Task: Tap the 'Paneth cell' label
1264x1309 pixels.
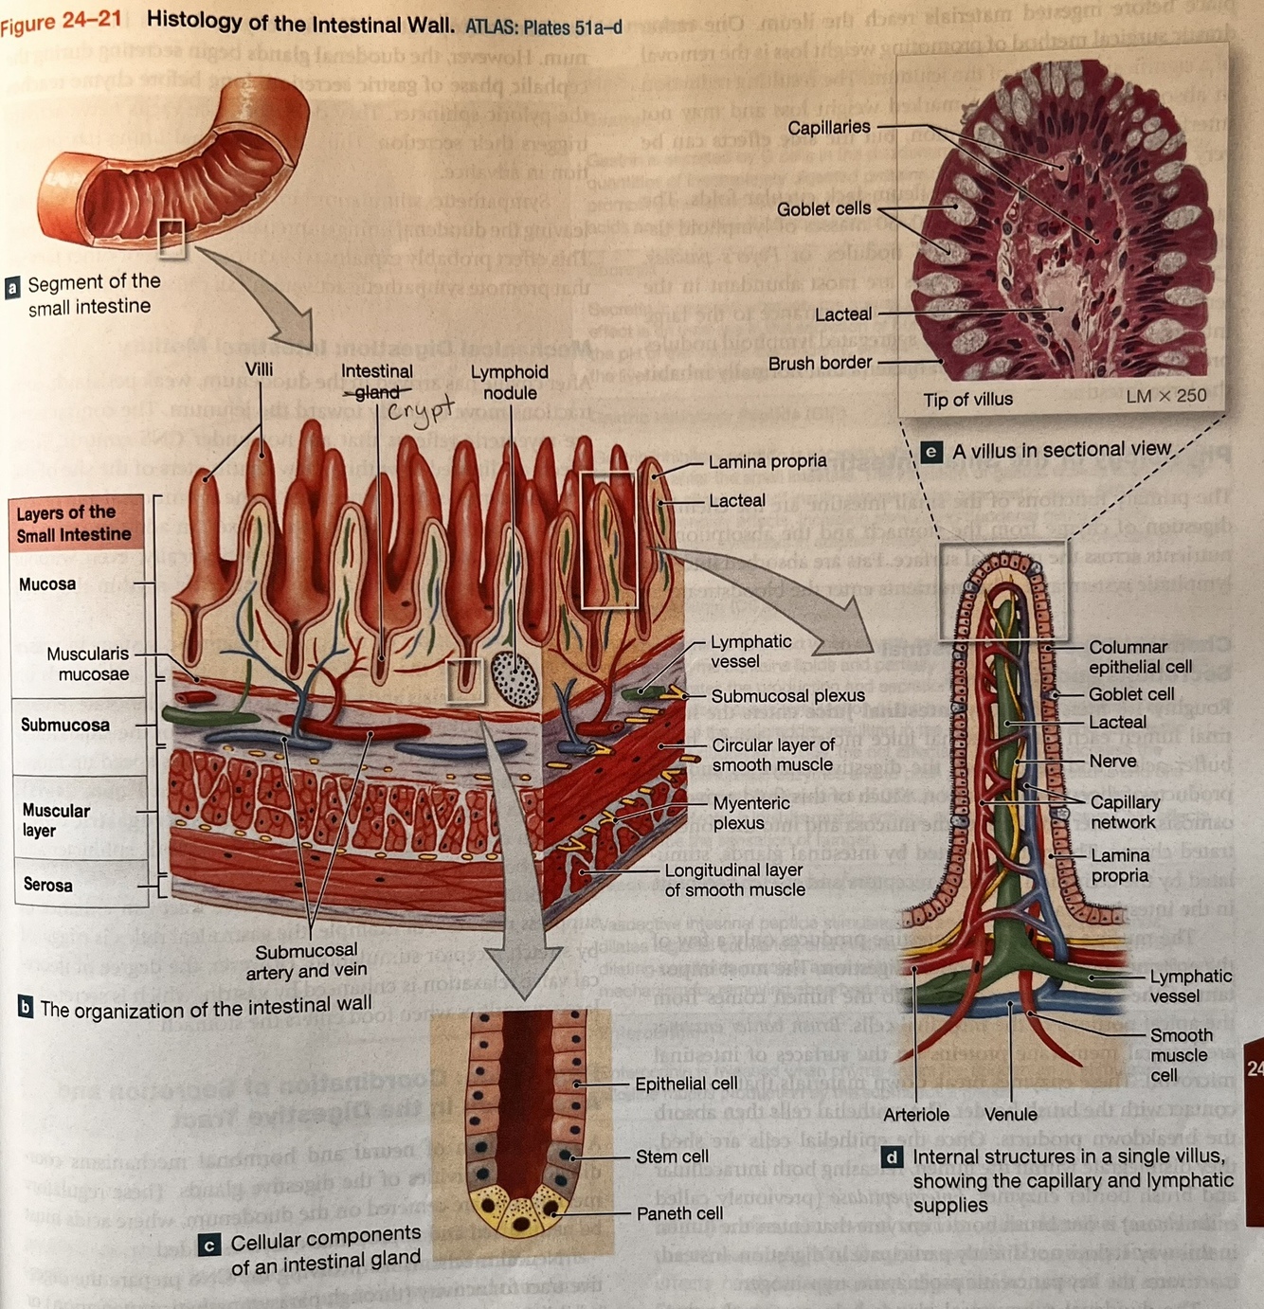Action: coord(679,1213)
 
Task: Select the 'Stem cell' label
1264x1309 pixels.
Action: coord(672,1157)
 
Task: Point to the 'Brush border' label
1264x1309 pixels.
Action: coord(820,363)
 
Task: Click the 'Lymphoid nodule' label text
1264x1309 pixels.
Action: coord(510,382)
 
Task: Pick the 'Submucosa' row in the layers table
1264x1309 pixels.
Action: coord(65,725)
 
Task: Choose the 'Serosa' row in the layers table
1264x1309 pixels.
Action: coord(47,885)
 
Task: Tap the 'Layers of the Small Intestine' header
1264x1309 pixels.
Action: coord(74,524)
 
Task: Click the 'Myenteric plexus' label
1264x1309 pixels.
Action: coord(750,813)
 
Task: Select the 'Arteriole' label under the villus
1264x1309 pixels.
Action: coord(915,1115)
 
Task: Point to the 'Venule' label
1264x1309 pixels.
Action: coord(1010,1115)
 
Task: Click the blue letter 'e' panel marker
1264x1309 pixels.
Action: coord(931,452)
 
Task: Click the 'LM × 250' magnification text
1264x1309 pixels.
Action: coord(1165,396)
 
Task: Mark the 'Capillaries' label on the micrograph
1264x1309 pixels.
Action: coord(828,128)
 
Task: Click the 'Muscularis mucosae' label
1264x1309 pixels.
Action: coord(88,664)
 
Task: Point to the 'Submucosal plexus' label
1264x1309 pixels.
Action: coord(787,696)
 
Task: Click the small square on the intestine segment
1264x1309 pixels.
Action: coord(172,238)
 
